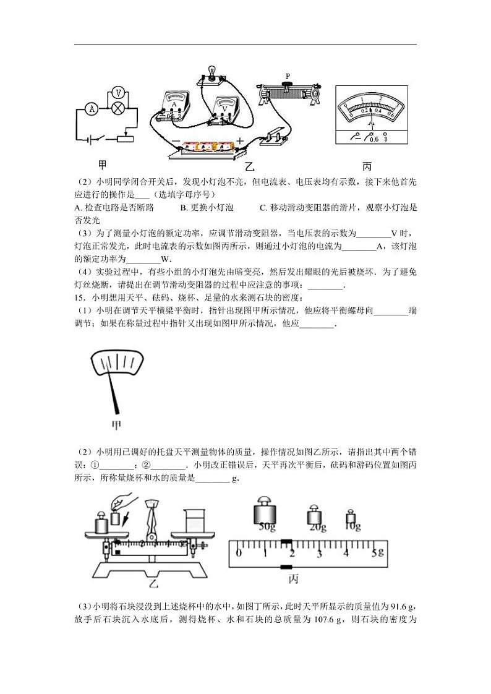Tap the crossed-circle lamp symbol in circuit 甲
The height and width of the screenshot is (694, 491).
point(117,109)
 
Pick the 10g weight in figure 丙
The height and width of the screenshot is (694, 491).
point(352,520)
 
